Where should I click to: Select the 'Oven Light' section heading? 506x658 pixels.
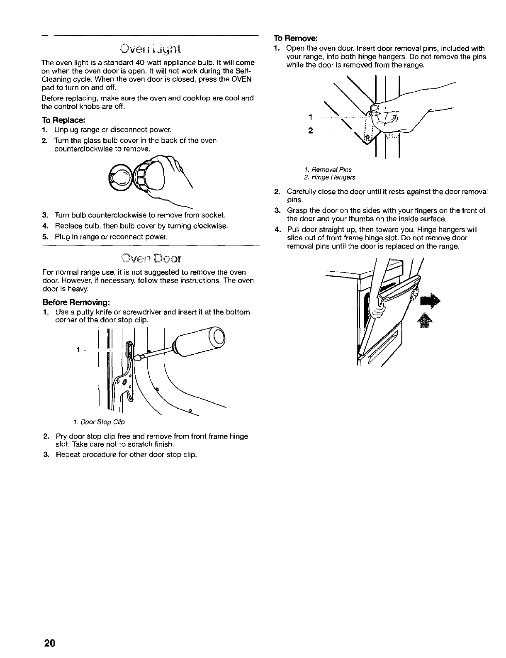coord(148,51)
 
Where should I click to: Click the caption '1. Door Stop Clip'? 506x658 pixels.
coord(99,422)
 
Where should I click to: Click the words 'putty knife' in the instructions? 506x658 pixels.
coord(88,312)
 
